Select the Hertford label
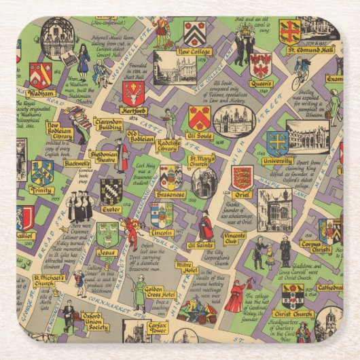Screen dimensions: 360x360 134,110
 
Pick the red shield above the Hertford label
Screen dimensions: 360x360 134,93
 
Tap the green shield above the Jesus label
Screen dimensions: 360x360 107,235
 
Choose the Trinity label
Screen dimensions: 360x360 42,191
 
